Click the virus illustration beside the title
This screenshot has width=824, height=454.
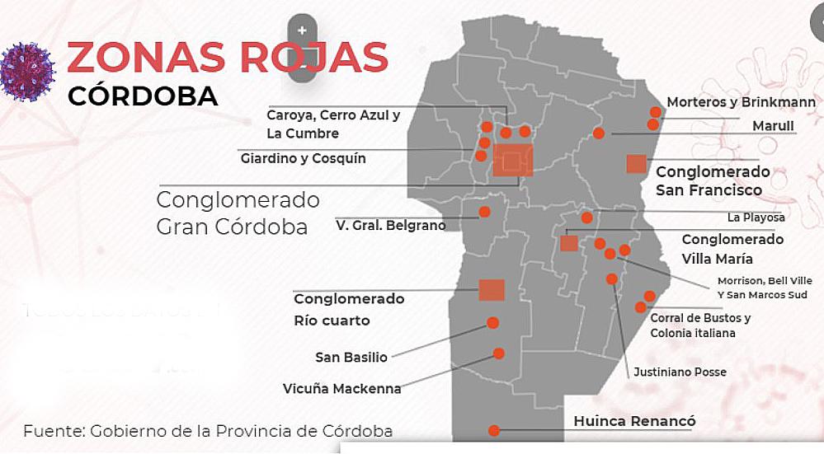(27, 72)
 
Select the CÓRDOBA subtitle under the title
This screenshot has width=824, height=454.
(143, 96)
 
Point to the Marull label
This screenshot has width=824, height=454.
(773, 126)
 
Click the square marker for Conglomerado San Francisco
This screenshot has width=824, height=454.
(636, 163)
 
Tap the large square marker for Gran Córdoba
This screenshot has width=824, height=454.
(513, 160)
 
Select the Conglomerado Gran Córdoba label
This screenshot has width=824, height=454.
(238, 213)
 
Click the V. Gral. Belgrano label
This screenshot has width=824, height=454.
(391, 225)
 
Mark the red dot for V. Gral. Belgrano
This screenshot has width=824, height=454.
(485, 212)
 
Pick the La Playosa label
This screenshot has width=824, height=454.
(756, 218)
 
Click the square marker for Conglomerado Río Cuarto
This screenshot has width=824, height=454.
(492, 290)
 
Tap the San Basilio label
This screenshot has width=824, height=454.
(351, 358)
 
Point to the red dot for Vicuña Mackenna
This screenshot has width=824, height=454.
(498, 353)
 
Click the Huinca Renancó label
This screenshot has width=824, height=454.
(634, 422)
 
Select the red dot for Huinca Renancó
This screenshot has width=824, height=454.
(493, 430)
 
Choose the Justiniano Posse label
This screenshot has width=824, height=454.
(680, 372)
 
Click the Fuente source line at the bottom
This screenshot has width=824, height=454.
(208, 431)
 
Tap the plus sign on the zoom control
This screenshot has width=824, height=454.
(303, 30)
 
